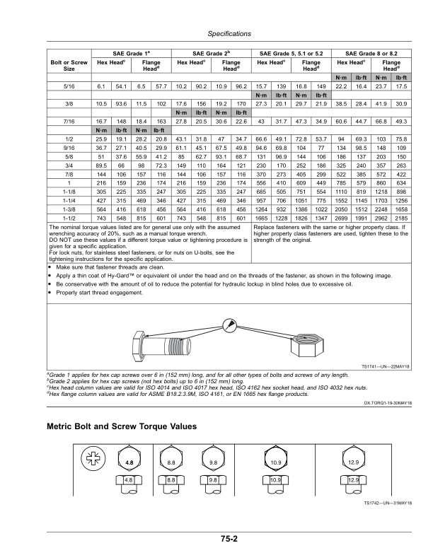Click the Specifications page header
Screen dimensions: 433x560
229,34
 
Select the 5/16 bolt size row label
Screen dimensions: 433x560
69,86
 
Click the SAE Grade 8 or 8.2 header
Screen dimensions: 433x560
371,54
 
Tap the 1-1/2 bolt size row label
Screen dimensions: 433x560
69,218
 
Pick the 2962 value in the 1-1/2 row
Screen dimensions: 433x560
381,218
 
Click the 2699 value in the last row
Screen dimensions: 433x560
341,218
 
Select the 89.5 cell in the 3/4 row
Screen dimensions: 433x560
101,165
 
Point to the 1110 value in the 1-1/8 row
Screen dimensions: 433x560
341,192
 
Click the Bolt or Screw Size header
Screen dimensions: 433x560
69,65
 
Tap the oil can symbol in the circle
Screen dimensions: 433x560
229,326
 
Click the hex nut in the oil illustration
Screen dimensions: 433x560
307,344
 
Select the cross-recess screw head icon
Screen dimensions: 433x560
93,459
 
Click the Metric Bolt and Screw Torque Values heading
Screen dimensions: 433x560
122,426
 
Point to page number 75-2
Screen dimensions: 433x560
229,539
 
